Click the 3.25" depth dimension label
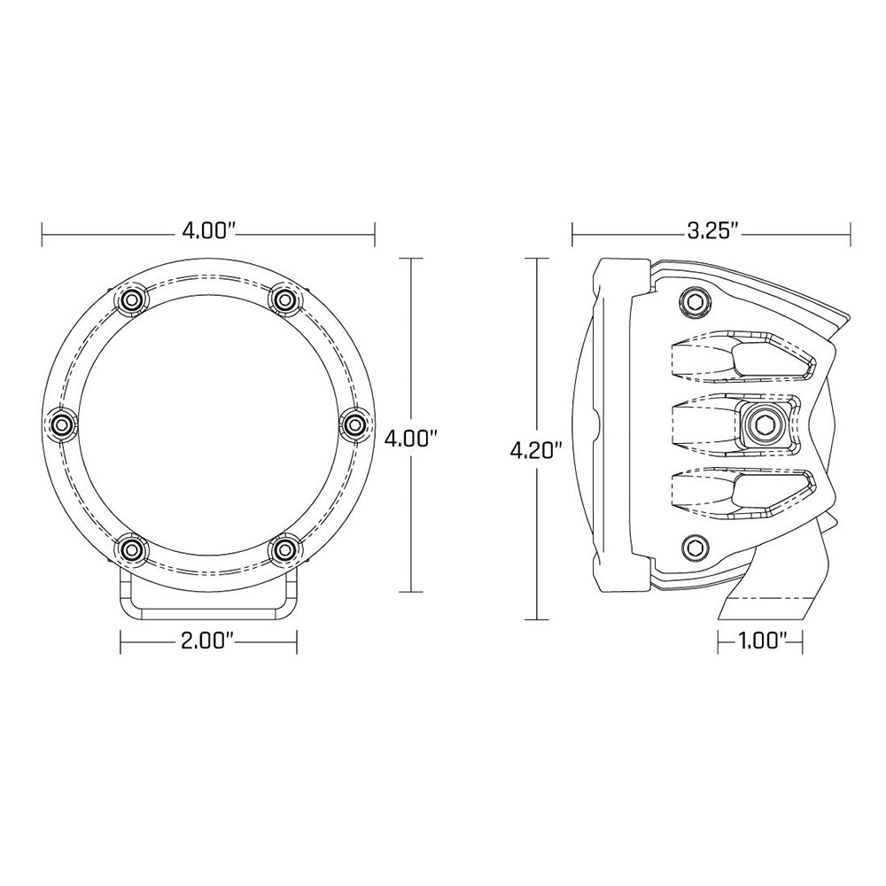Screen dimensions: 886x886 [x=711, y=232]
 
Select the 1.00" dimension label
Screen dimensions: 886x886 [x=759, y=639]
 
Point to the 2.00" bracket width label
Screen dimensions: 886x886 [x=208, y=640]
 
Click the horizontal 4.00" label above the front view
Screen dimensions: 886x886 [x=208, y=232]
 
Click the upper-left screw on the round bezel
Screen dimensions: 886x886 [x=132, y=299]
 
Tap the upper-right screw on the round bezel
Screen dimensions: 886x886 [x=284, y=299]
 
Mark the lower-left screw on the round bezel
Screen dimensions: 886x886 [x=132, y=550]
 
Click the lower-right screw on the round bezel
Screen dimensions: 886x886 [x=284, y=550]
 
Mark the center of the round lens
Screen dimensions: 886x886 [x=208, y=425]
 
